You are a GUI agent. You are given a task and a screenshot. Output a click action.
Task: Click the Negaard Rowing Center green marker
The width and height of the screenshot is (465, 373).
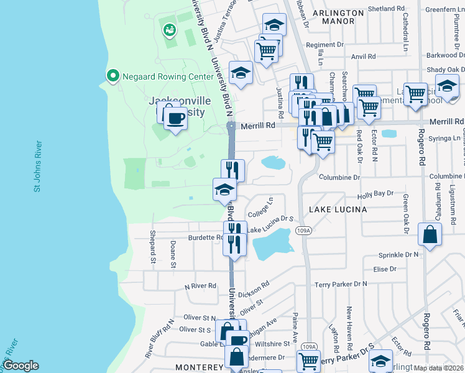click(x=113, y=76)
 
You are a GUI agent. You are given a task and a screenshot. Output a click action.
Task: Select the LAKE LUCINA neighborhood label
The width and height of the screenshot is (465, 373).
click(x=338, y=210)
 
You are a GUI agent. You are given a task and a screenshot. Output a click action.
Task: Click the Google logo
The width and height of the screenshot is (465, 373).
click(x=20, y=366)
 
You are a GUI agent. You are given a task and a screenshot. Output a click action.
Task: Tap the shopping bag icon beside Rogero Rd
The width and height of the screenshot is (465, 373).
click(x=430, y=235)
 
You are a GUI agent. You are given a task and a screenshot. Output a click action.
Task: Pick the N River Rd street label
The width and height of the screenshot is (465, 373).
click(x=200, y=286)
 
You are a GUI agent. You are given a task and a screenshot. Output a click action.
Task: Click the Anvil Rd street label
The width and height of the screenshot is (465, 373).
click(x=364, y=56)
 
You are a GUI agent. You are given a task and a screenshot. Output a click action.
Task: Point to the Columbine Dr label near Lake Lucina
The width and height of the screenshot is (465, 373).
click(x=339, y=177)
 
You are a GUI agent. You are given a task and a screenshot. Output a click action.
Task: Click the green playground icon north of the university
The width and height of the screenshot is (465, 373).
click(x=169, y=29)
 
